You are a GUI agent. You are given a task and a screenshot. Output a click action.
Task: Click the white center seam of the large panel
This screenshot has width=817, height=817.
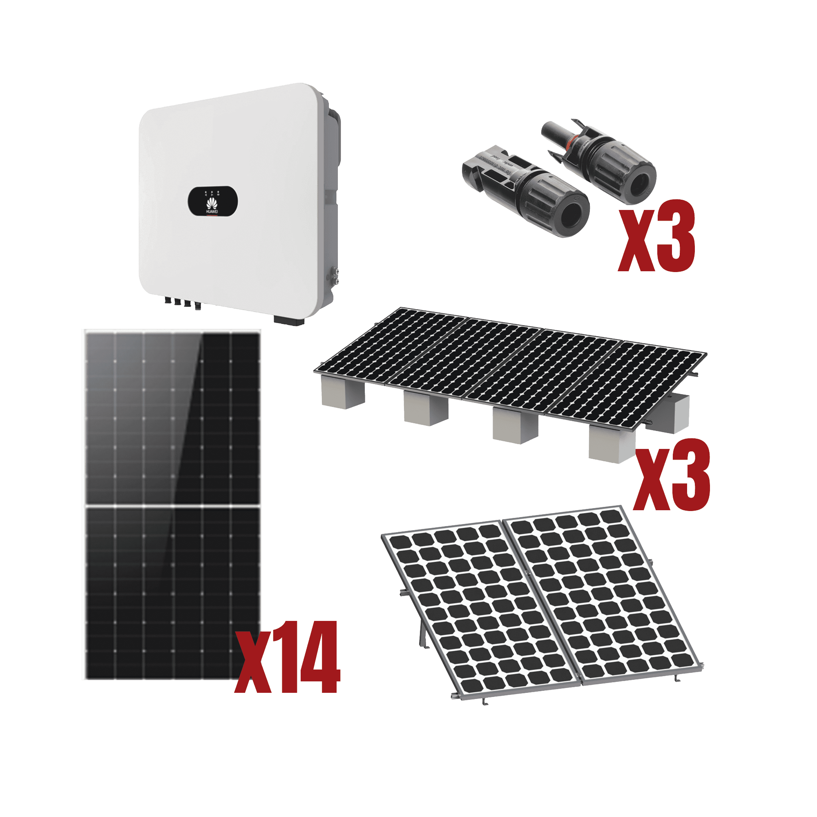(171, 506)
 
